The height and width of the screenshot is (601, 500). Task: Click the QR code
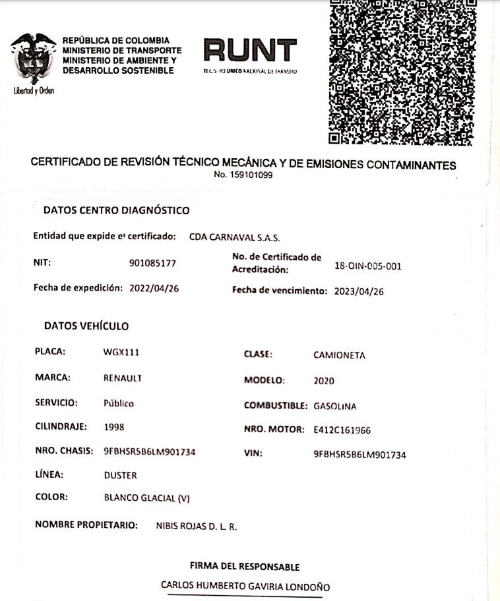click(402, 71)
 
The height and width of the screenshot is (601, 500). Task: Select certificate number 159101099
click(243, 175)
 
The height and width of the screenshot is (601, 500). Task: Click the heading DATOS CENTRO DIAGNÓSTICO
click(116, 211)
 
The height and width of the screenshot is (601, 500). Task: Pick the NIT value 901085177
click(152, 264)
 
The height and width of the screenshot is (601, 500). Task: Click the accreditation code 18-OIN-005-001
click(368, 266)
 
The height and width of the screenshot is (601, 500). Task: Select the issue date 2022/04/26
click(156, 288)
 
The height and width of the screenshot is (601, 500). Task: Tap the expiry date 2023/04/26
click(359, 290)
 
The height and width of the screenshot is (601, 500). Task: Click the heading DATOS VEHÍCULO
click(86, 326)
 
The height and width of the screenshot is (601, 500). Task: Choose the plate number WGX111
click(121, 353)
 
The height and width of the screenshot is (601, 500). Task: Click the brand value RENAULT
click(123, 378)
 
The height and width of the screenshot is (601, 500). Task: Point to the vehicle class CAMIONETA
click(339, 356)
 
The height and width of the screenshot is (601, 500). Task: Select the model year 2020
click(324, 381)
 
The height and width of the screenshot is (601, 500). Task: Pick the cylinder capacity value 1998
click(115, 427)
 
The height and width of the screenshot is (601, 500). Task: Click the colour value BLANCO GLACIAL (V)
click(147, 498)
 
